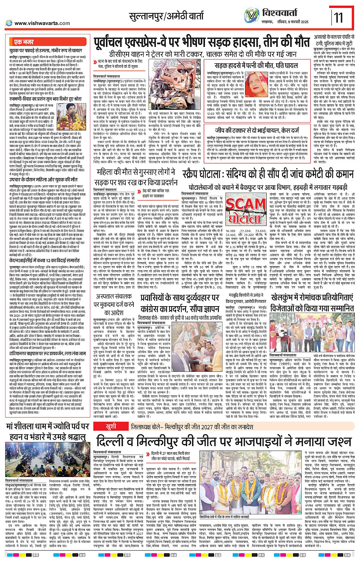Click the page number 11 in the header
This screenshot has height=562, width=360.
pos(338,18)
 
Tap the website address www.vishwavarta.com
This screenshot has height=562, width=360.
pos(42,23)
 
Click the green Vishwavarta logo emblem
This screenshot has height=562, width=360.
pos(251,16)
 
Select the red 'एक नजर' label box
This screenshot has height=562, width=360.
pos(24,42)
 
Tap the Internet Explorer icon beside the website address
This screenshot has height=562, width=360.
pos(9,23)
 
